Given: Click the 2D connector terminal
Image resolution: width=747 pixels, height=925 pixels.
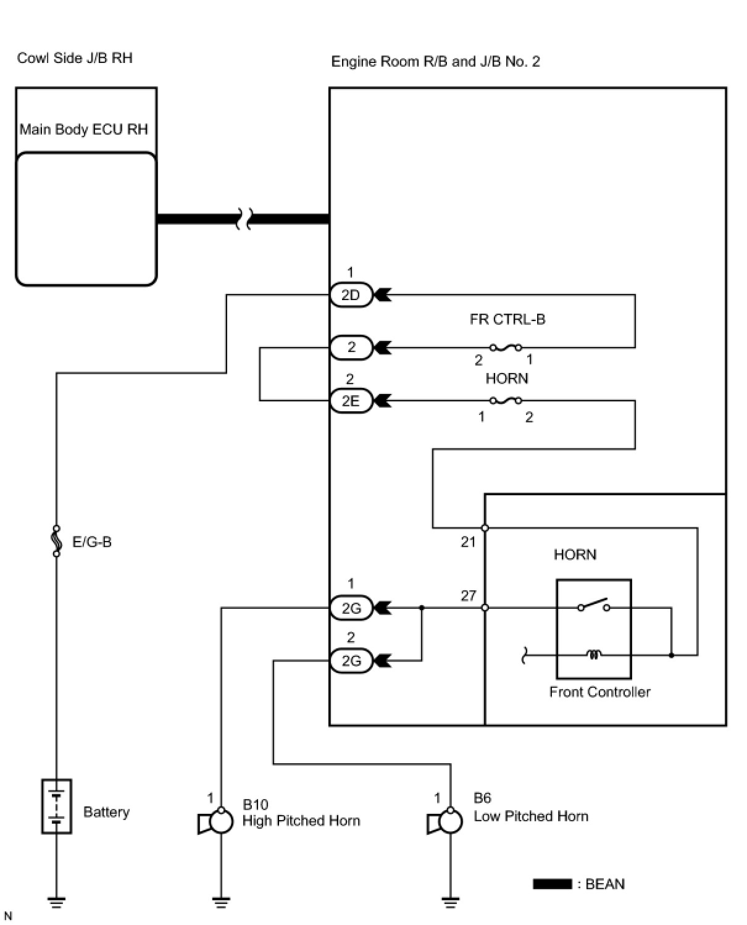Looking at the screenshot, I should click(x=351, y=295).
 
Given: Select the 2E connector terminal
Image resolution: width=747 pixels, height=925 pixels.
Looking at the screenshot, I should click(x=351, y=401).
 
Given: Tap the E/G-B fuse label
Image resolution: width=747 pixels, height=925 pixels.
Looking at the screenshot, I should click(x=92, y=542).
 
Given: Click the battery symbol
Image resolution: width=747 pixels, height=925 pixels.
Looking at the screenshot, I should click(x=57, y=806).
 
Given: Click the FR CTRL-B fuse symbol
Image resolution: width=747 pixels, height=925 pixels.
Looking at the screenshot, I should click(x=505, y=348).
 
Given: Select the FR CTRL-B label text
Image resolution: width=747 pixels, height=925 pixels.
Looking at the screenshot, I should click(x=507, y=319).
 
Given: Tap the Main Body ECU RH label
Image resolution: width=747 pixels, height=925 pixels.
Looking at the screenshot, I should click(x=84, y=130).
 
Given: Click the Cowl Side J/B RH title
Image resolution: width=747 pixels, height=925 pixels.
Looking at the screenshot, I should click(x=75, y=58).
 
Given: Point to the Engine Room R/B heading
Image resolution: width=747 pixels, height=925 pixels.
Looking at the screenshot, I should click(x=435, y=62).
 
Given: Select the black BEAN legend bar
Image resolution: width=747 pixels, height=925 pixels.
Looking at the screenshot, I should click(x=552, y=884).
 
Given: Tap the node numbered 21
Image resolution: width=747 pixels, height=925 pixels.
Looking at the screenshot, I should click(x=485, y=528).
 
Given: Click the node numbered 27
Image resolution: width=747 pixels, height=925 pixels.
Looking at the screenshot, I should click(x=485, y=608).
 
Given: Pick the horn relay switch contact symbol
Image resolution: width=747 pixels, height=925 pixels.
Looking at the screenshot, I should click(x=593, y=606).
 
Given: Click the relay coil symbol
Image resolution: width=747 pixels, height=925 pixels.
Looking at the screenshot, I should click(x=594, y=655).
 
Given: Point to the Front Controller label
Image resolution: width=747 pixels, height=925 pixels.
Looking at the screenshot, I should click(x=599, y=692).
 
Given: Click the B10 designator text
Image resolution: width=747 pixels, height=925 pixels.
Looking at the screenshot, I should click(x=255, y=805).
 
